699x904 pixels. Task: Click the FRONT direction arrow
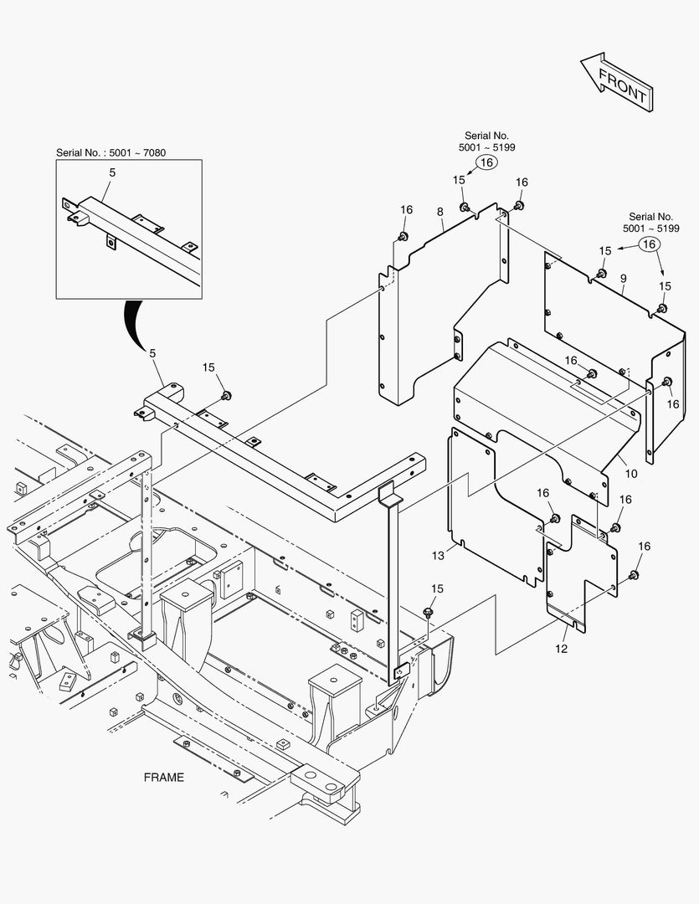click(615, 81)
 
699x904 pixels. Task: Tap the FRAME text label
click(163, 777)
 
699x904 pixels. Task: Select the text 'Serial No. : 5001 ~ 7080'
click(116, 152)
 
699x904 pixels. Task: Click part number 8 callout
click(440, 213)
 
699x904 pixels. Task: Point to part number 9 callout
click(623, 277)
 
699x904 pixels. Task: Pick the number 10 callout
click(631, 474)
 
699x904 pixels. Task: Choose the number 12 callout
click(562, 649)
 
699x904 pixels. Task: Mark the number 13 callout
click(437, 554)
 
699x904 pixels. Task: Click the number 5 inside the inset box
click(112, 172)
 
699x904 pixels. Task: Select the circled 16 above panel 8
click(487, 164)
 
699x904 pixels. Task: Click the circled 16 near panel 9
click(648, 244)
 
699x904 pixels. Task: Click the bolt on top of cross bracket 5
click(225, 394)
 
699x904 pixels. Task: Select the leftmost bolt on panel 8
click(403, 237)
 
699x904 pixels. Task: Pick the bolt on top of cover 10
click(592, 373)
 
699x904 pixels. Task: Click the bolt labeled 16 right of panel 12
click(634, 574)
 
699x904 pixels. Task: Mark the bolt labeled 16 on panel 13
click(554, 518)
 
